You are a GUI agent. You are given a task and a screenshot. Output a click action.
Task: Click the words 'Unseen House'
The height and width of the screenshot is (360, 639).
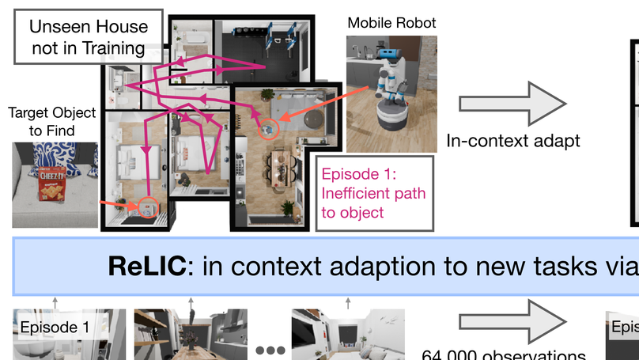[86, 25]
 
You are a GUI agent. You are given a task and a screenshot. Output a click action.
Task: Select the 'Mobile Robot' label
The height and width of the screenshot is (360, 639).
[391, 23]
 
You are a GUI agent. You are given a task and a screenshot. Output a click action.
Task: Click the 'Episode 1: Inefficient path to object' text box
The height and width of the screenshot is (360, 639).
[373, 192]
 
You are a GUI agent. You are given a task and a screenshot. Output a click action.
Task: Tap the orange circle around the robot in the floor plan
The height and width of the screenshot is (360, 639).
[268, 127]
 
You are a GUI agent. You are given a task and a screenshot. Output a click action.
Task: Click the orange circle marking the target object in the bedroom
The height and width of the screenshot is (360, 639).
[148, 208]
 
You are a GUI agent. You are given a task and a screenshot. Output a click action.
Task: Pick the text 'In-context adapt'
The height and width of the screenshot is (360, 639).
[513, 142]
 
